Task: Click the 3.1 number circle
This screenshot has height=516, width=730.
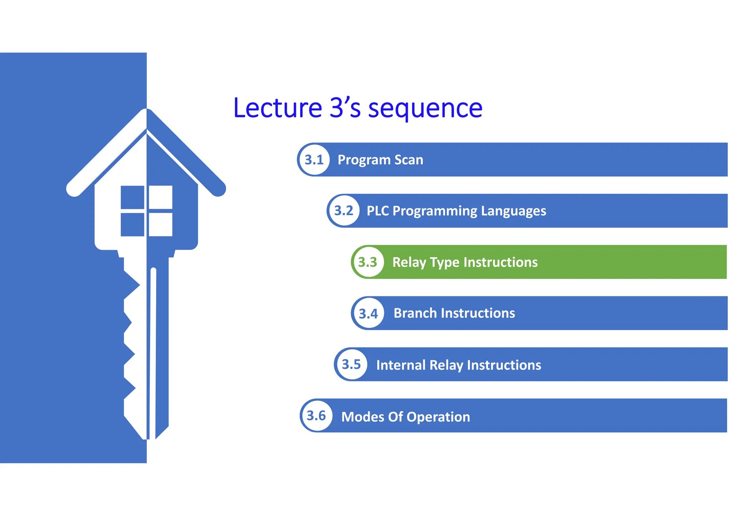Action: [x=314, y=160]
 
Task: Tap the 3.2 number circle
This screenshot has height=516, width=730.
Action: [x=344, y=211]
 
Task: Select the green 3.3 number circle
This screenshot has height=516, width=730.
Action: [x=367, y=262]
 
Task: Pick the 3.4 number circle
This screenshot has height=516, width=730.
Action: [x=368, y=313]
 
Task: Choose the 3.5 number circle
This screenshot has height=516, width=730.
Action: [x=351, y=365]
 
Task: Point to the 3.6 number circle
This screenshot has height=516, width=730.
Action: [x=316, y=416]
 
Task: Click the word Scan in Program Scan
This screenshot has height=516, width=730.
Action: [x=408, y=160]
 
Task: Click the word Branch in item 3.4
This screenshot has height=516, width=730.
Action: [x=415, y=313]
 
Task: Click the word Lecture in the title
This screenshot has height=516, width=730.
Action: [x=278, y=108]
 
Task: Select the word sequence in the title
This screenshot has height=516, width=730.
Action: [x=425, y=109]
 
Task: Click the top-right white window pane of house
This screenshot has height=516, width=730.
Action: [x=160, y=197]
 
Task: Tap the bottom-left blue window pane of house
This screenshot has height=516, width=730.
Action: [x=132, y=225]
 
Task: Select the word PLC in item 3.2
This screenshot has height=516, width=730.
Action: [x=377, y=211]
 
